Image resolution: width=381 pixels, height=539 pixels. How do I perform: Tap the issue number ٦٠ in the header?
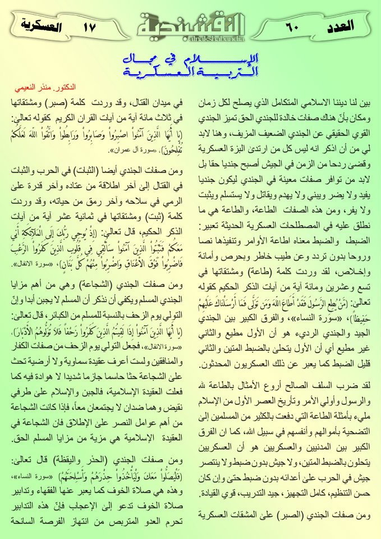click(295, 26)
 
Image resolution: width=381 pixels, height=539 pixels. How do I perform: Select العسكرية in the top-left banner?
click(38, 26)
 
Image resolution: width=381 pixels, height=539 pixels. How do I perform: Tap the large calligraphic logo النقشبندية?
click(190, 24)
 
